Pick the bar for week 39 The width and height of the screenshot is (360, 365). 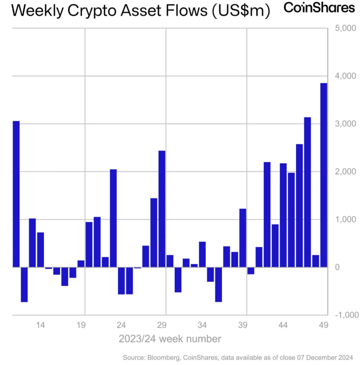click(x=243, y=237)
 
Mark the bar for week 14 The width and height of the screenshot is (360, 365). click(x=41, y=249)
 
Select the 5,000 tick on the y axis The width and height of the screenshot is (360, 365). click(x=344, y=28)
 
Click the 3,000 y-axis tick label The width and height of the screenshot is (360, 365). click(x=344, y=124)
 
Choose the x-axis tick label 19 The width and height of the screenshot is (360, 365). click(x=81, y=325)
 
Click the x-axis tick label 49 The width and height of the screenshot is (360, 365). click(x=323, y=325)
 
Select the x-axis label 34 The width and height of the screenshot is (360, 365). click(x=202, y=325)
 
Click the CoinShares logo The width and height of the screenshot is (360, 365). click(x=319, y=8)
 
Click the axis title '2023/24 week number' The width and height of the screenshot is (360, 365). click(x=169, y=339)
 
